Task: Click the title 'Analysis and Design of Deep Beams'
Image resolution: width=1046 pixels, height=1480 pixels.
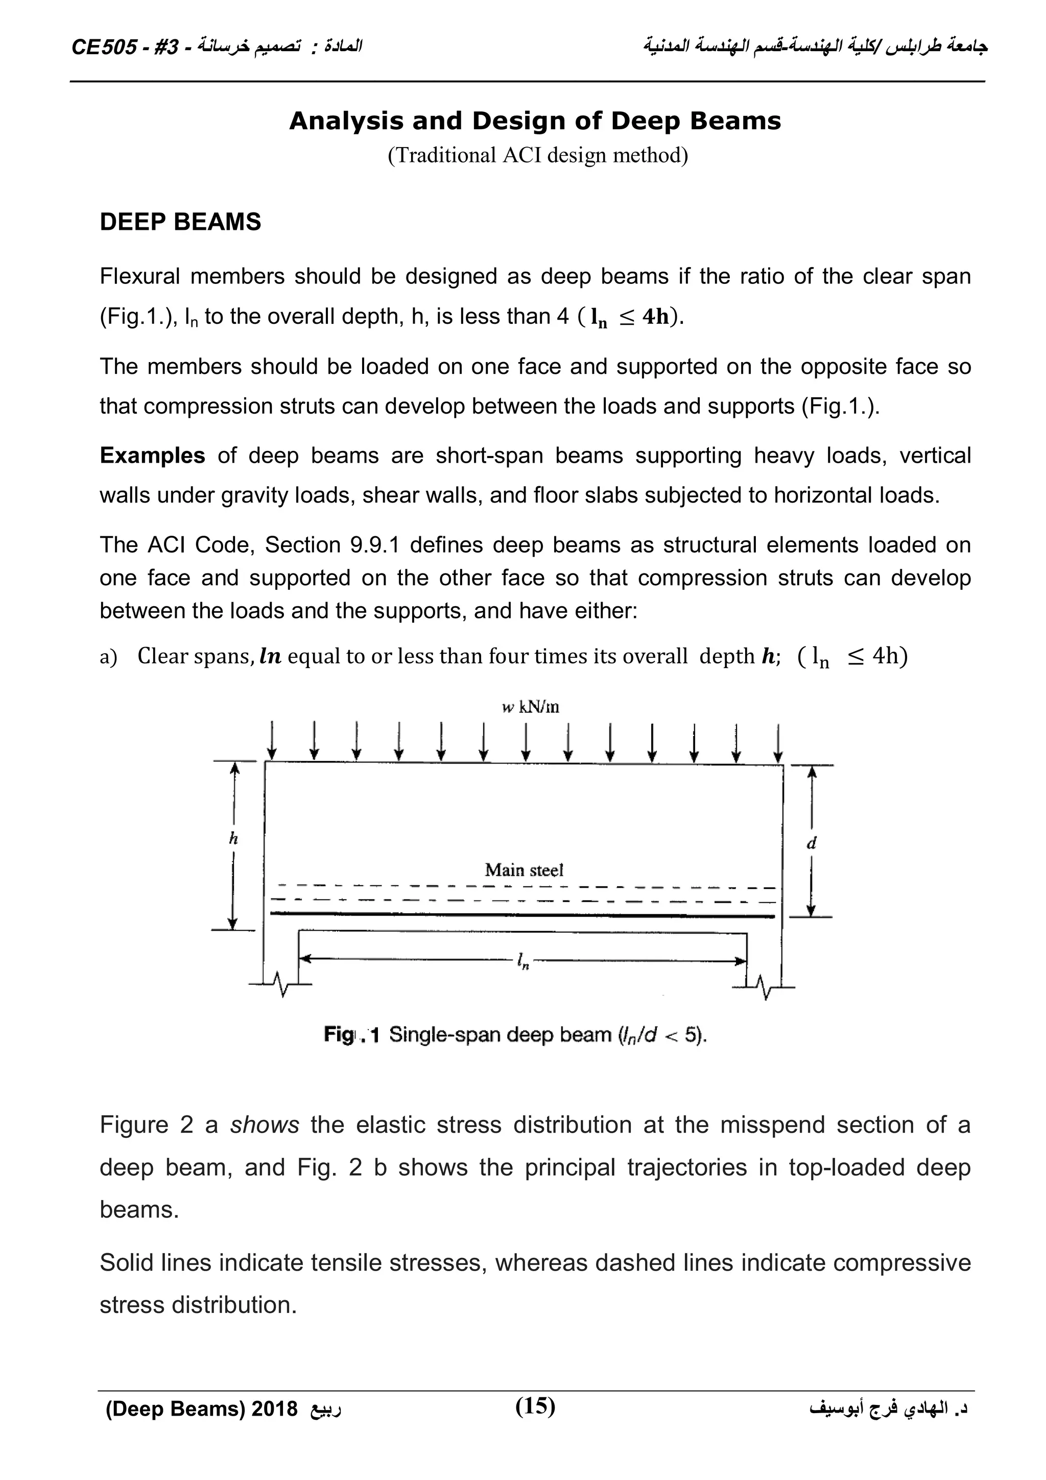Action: (534, 121)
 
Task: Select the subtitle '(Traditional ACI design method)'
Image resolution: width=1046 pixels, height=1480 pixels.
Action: (537, 155)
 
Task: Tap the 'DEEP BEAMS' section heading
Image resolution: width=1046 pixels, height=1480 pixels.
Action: (180, 222)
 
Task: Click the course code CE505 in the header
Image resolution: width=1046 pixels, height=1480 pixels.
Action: (103, 47)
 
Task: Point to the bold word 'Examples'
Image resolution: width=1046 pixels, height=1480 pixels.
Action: (152, 455)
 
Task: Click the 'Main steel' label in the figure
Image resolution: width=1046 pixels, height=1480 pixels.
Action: (524, 870)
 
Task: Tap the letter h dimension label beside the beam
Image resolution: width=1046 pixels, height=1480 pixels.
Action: (233, 839)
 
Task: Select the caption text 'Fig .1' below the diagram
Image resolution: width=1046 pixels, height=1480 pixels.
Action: (351, 1036)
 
